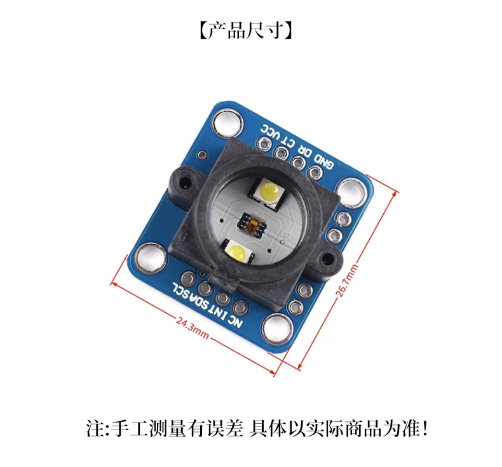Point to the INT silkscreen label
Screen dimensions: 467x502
(219, 313)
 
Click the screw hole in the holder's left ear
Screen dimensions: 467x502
(184, 181)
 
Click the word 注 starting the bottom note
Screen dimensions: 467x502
(93, 429)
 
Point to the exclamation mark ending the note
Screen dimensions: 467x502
(424, 429)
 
